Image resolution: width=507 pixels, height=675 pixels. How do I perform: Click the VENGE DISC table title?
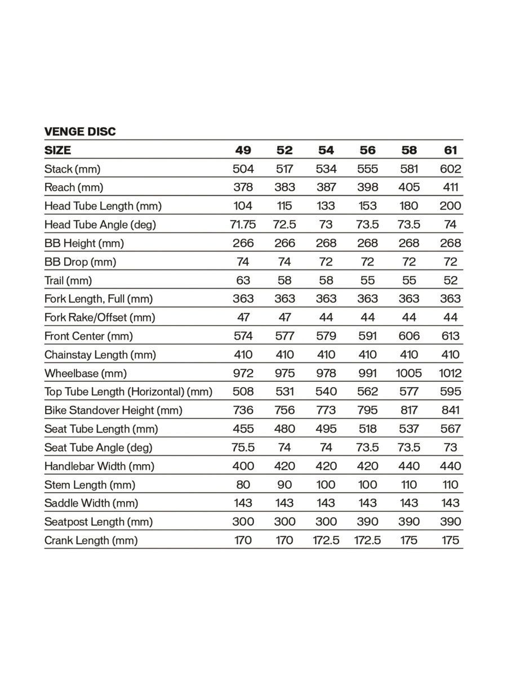pos(80,132)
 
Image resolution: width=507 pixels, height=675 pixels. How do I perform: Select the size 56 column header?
pos(367,150)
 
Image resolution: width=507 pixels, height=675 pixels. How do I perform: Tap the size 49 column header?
pos(243,150)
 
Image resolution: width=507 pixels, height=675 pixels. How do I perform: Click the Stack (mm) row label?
pos(72,169)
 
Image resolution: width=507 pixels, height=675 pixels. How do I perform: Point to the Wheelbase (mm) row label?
pos(85,373)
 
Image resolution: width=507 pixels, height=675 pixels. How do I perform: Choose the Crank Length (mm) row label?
pos(91,540)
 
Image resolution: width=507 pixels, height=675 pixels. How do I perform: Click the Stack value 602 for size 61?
pos(450,169)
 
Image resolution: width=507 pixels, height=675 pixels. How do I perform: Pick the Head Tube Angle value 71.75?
pos(243,224)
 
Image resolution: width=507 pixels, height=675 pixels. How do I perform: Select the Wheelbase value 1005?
pos(409,373)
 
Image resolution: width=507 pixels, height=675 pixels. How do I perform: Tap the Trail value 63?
pos(243,280)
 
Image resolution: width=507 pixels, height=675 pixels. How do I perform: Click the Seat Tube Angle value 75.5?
pos(243,447)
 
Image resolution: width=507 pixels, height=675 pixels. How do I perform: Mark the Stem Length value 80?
pos(243,484)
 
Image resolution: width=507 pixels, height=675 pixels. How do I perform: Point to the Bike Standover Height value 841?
pos(450,410)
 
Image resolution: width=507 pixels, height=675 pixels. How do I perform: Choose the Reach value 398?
pos(367,187)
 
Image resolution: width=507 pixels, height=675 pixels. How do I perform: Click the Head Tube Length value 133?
pos(326,206)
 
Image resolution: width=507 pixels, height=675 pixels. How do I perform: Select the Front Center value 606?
pos(409,336)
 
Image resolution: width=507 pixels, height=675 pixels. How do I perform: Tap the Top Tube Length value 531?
pos(284,391)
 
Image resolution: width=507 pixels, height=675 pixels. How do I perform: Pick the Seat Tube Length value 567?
pos(450,429)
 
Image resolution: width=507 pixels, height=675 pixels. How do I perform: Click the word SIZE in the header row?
pos(57,150)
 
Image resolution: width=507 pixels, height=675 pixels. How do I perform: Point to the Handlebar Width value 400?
pos(243,466)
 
